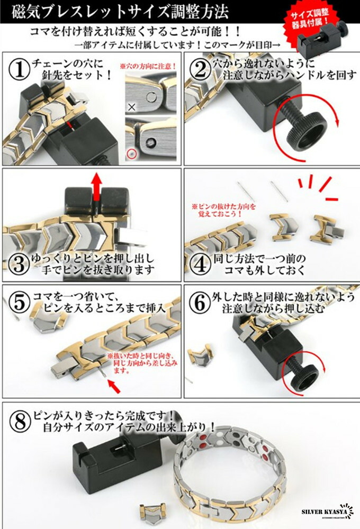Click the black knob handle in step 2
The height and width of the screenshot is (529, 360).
[x=304, y=128]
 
